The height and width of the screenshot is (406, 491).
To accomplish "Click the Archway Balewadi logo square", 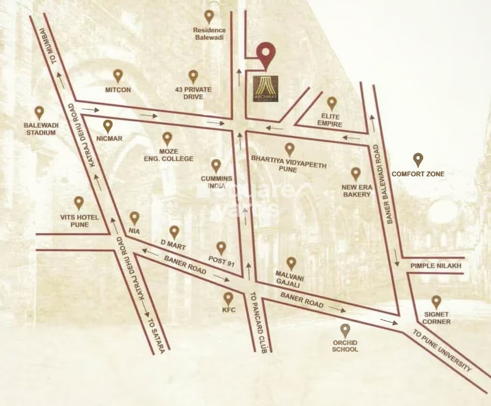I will click(x=266, y=87).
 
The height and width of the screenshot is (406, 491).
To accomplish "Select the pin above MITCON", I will click(x=118, y=75).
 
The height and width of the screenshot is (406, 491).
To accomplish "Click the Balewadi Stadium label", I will click(x=40, y=129).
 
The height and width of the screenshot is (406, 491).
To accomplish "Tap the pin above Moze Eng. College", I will click(x=167, y=138).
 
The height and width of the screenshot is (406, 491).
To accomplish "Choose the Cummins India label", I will click(x=216, y=182).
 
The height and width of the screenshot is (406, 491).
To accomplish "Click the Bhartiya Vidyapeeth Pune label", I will click(x=289, y=165).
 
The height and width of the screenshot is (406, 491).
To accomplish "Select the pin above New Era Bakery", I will click(x=356, y=174).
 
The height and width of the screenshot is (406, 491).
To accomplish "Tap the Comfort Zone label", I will click(x=418, y=174).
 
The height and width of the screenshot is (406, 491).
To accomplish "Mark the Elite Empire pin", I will click(x=332, y=103).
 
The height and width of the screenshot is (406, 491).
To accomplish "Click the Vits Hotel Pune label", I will click(x=78, y=221).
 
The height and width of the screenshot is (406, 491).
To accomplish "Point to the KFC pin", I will click(x=228, y=298).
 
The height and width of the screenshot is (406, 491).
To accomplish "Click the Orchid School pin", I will click(x=345, y=330).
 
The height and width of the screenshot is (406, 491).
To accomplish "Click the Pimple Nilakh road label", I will click(x=436, y=266).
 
